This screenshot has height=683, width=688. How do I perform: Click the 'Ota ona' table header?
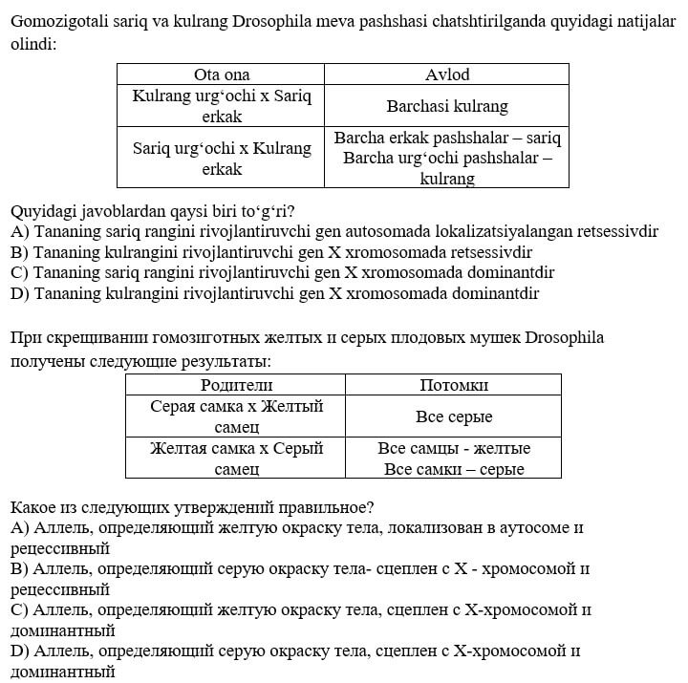(221, 75)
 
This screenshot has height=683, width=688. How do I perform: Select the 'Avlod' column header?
(446, 75)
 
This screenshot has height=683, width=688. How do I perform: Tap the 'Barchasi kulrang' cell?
(446, 107)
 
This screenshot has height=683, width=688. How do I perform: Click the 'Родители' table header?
(236, 385)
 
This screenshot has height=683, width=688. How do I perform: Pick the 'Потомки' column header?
(454, 385)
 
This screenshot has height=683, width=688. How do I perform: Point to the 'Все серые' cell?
(454, 416)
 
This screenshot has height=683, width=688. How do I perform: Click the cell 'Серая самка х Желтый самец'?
(236, 416)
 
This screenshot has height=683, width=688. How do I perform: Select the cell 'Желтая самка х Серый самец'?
(236, 459)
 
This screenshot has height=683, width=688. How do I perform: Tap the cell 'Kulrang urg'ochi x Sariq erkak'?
(221, 106)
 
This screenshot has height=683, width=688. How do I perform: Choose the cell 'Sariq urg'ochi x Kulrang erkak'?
(221, 159)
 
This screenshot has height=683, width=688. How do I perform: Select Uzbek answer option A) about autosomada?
(333, 231)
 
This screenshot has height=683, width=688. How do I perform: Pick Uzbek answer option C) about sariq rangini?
(282, 272)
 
